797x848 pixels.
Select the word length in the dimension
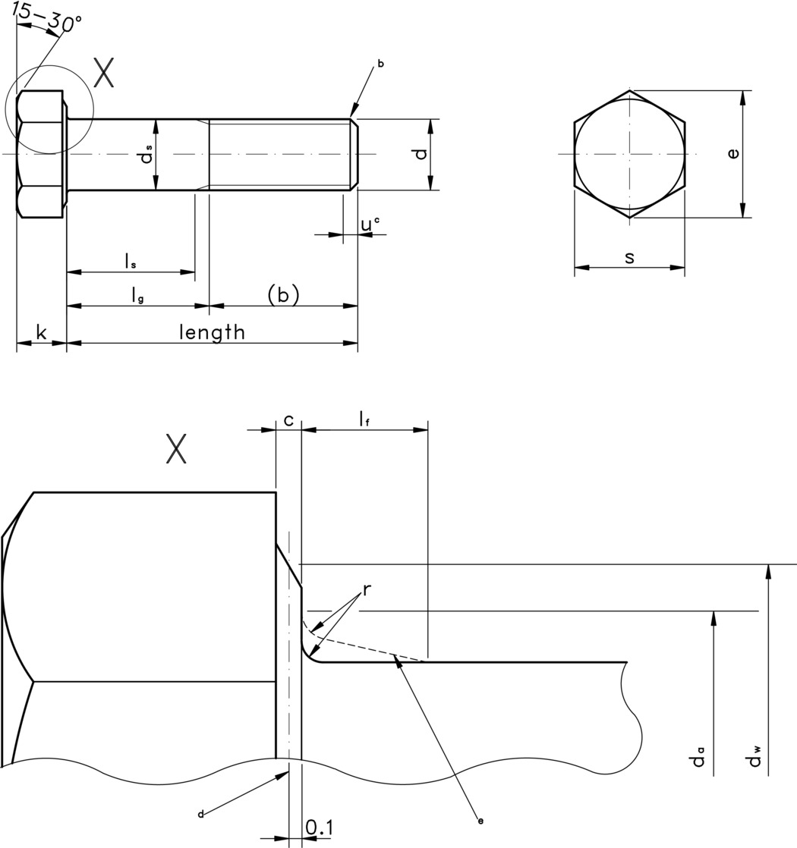(x=212, y=332)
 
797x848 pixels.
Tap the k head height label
(x=41, y=332)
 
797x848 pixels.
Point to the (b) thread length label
(x=283, y=294)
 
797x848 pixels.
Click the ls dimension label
(x=131, y=262)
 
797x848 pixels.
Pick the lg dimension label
(x=137, y=296)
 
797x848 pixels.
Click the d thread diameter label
(x=420, y=154)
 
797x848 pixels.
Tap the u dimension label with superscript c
(x=370, y=225)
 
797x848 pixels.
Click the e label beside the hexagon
(x=732, y=154)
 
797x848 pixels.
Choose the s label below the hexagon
(x=629, y=257)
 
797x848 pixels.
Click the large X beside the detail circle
(x=104, y=74)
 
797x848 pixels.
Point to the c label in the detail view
(x=288, y=419)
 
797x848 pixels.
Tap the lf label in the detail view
(x=364, y=419)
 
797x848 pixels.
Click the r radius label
(x=366, y=589)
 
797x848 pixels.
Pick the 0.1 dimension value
(x=319, y=828)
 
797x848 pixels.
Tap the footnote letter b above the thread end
(x=380, y=64)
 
